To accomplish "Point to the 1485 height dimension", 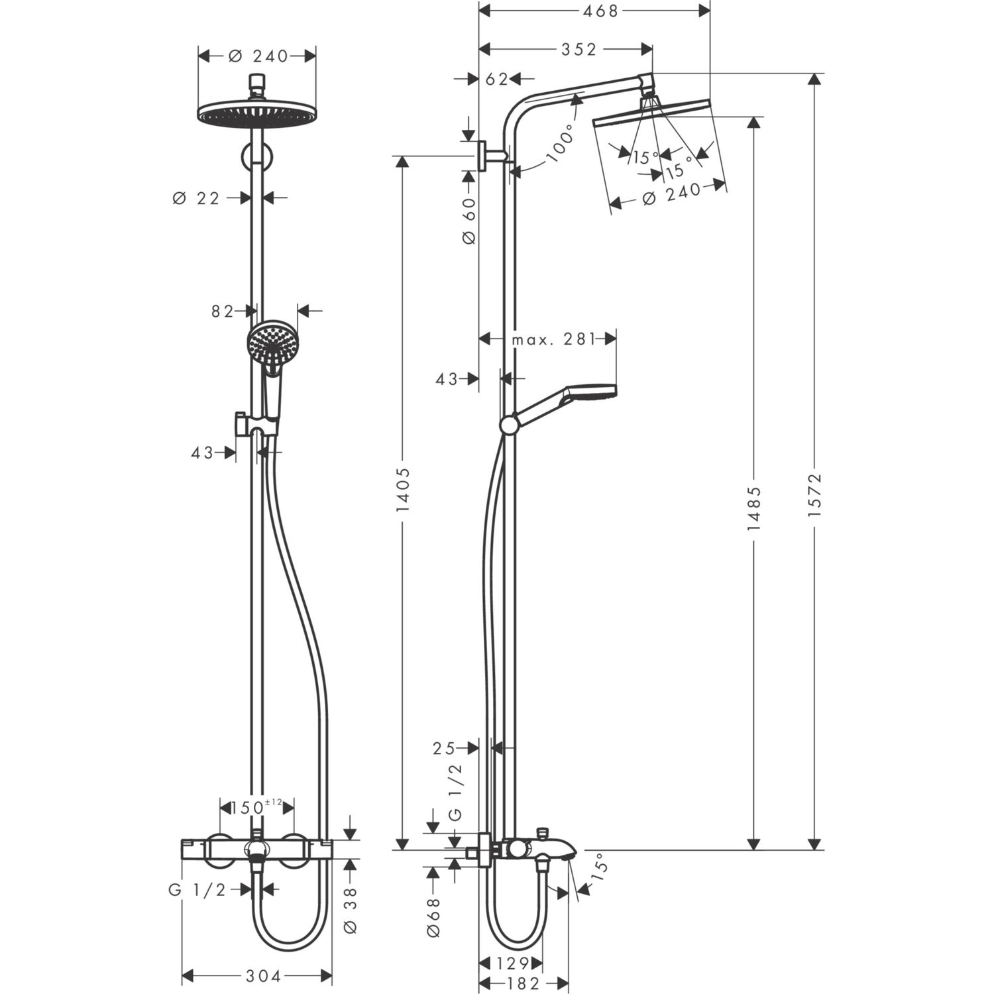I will pos(753,508).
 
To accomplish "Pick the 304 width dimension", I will pos(264,975).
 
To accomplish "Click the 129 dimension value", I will pos(514,963).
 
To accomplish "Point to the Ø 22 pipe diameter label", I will pos(196,197).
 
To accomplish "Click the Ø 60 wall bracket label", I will pos(469,221).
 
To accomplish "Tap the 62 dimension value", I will pos(496,79).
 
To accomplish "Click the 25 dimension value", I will pos(444,748).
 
